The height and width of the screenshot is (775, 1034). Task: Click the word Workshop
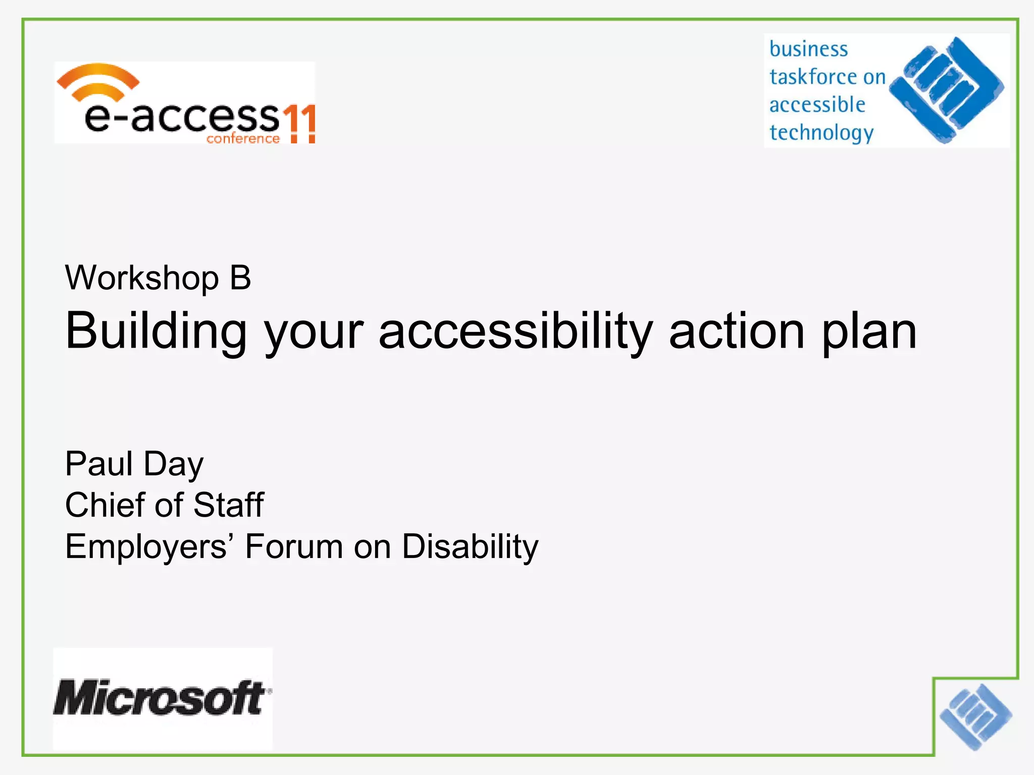[x=142, y=278]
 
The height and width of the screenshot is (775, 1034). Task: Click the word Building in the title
[x=156, y=332]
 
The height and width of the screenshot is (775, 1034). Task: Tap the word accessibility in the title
[x=515, y=332]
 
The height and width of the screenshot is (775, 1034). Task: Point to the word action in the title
[x=737, y=331]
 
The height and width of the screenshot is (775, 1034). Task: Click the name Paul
[x=99, y=464]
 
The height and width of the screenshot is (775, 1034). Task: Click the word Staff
[x=228, y=505]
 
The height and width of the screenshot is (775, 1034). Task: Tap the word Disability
[x=470, y=547]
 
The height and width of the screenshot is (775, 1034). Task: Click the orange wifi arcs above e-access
[x=98, y=81]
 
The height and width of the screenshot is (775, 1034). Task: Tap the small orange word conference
[x=243, y=139]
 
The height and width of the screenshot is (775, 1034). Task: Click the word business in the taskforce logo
[x=808, y=49]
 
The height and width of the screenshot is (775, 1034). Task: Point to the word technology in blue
[x=821, y=133]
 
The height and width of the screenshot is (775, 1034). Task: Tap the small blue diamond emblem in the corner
[x=975, y=716]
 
